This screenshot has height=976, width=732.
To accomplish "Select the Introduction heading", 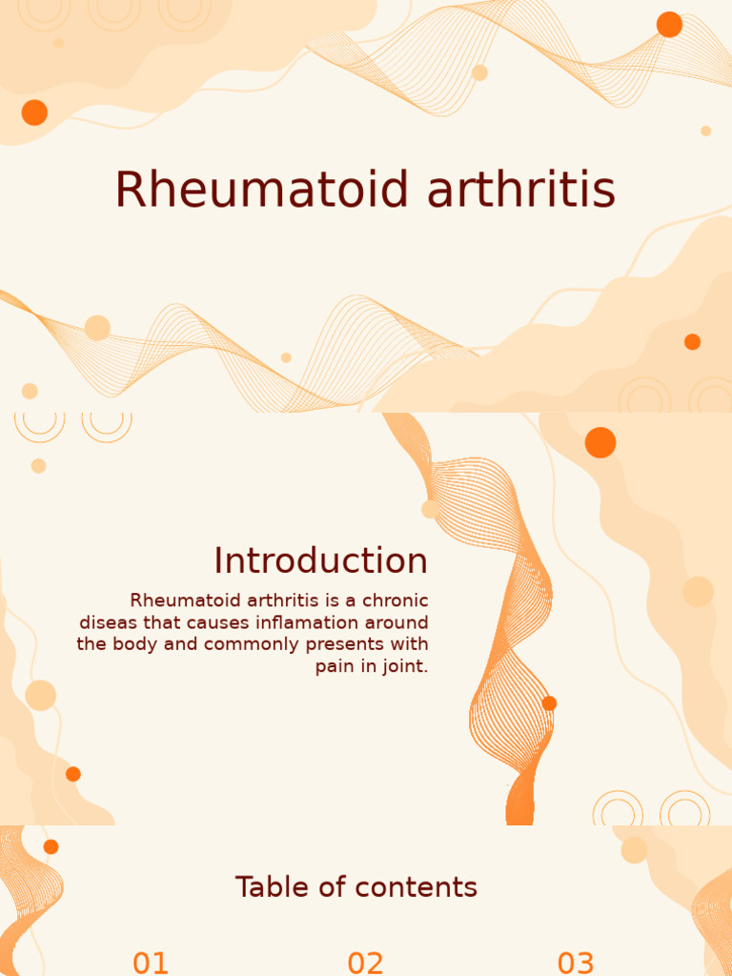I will [320, 560].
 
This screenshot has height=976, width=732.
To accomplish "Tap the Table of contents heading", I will [356, 887].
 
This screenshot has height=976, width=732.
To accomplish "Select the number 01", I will [151, 963].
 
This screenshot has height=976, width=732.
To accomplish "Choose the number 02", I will [365, 963].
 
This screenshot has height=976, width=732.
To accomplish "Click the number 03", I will [576, 963].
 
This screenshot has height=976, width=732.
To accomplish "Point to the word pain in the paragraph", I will [335, 666].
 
